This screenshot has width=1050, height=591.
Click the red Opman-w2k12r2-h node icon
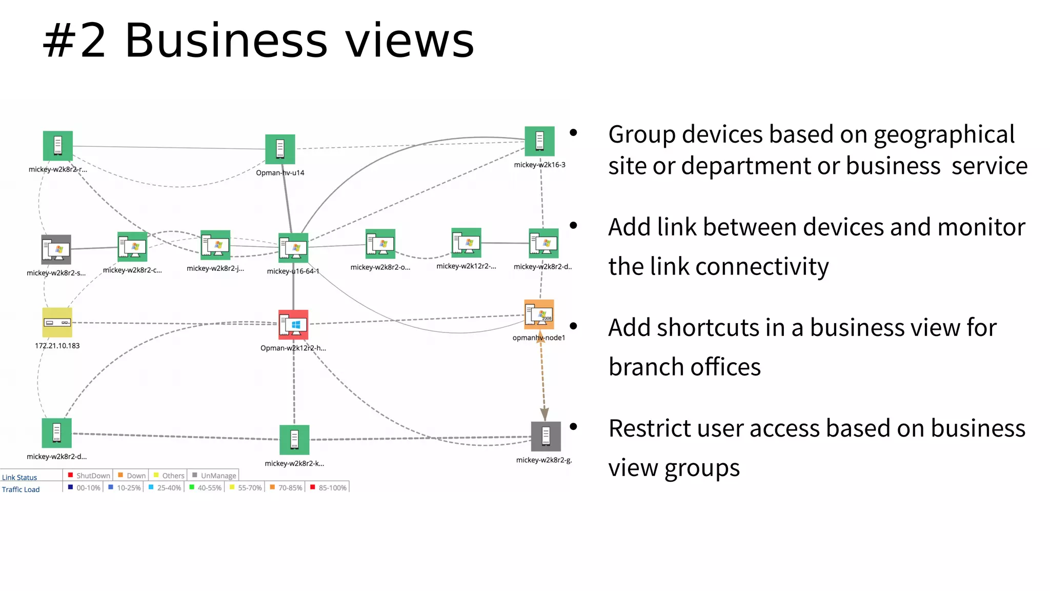[293, 325]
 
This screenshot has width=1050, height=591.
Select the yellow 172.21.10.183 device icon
[57, 322]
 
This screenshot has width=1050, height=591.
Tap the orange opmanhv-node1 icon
[539, 314]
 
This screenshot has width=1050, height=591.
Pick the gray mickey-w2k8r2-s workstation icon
[56, 249]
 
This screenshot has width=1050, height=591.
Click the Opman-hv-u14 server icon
[280, 149]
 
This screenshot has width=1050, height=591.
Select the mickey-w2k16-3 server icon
[539, 141]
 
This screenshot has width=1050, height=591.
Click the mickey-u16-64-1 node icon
[293, 248]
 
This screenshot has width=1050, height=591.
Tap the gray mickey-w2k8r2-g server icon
[546, 436]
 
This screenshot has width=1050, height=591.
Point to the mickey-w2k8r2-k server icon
[294, 440]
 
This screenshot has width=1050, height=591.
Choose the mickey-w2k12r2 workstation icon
[466, 243]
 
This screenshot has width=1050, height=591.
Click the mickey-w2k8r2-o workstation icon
[380, 244]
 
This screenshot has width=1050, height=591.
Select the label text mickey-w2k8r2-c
[132, 270]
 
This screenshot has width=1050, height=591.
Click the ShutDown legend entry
[89, 476]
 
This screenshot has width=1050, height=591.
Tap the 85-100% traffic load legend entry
[329, 488]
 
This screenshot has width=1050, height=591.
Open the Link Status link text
[19, 478]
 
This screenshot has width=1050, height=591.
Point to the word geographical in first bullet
[944, 135]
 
